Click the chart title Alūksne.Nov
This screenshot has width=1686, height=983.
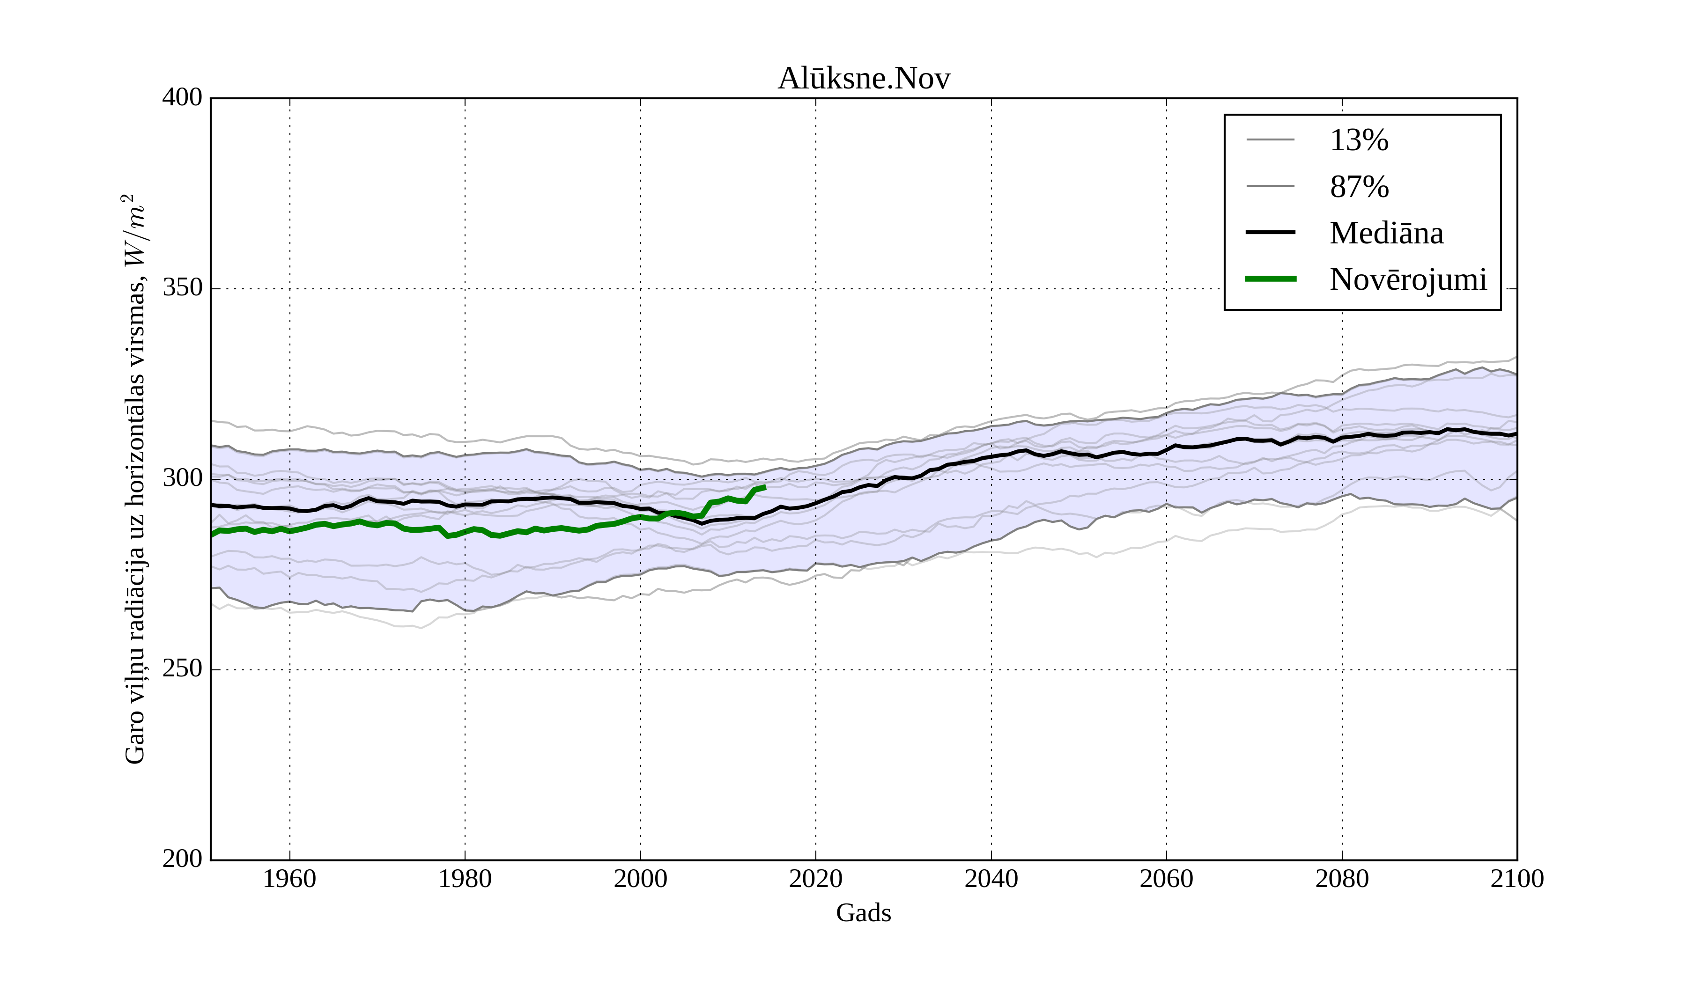pos(863,79)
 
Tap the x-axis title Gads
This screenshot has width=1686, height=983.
pos(863,913)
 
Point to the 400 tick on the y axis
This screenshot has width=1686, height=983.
pos(182,98)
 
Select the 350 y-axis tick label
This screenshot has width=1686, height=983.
pos(182,288)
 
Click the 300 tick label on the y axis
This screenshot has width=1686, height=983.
pos(182,479)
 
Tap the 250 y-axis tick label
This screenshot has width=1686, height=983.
pos(182,669)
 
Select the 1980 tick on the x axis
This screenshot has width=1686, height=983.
pos(465,879)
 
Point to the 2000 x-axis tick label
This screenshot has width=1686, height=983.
pos(640,879)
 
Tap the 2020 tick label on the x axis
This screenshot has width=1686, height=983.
pos(815,879)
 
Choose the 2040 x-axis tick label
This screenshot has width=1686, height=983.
pos(991,879)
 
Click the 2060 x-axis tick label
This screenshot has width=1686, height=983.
pos(1166,879)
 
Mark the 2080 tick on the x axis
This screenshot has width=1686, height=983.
pos(1341,879)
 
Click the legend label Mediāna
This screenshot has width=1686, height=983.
pos(1386,234)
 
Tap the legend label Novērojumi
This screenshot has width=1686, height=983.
pos(1408,279)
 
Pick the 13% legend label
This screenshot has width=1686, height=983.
pos(1359,140)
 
